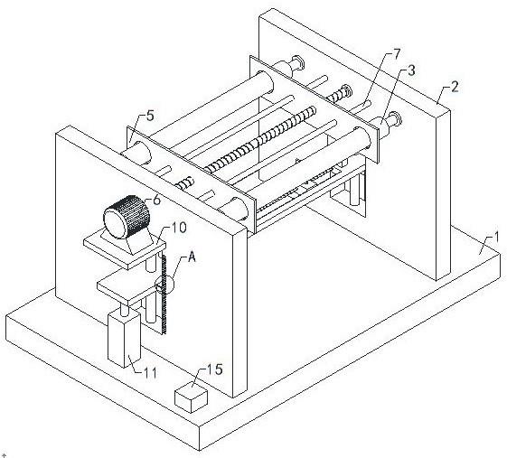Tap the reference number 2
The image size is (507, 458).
pos(455,87)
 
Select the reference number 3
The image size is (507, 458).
pos(411,70)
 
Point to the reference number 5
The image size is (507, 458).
pos(150,116)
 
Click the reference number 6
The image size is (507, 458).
pos(156,200)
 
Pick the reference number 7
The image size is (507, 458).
pos(397,54)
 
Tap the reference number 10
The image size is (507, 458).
pos(178,228)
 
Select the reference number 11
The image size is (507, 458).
pos(150,373)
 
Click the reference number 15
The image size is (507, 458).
pos(215,369)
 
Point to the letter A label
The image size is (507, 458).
pos(192,257)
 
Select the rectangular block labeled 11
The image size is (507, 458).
pos(124,339)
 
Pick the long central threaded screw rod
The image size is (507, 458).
pos(260,138)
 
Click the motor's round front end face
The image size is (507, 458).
pos(115,223)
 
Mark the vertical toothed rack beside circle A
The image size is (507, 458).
pos(164,294)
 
